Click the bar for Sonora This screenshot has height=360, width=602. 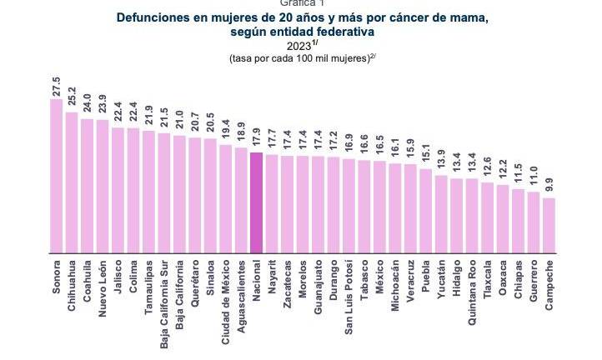57,176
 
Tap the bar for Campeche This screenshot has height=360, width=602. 549,225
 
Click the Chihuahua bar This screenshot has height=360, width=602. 72,182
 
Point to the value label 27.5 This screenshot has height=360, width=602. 57,87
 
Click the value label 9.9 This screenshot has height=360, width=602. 549,185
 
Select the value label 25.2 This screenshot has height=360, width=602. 72,99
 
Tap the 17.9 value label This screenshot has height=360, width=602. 256,139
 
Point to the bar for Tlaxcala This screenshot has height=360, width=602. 487,217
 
